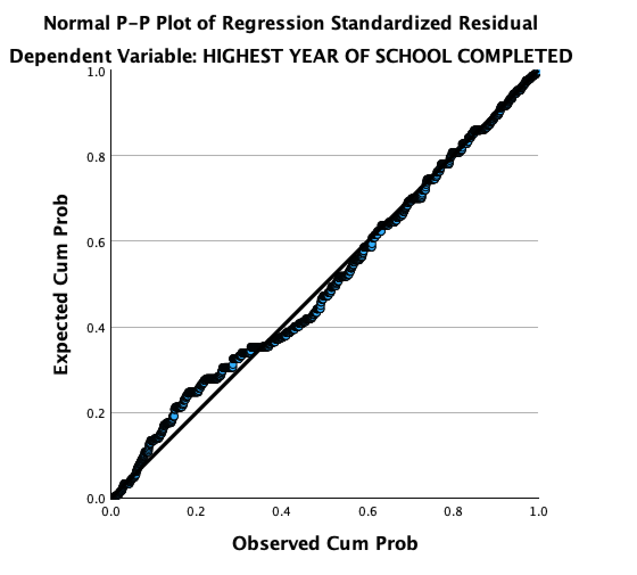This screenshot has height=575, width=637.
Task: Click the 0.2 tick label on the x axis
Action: click(x=196, y=511)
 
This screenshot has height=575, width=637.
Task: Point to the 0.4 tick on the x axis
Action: click(x=282, y=511)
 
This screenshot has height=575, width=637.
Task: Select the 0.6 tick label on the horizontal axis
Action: click(x=367, y=511)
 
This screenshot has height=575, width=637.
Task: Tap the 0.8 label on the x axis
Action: click(x=453, y=511)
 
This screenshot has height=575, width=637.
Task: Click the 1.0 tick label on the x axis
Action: click(x=538, y=511)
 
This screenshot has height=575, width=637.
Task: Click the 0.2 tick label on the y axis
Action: click(x=97, y=413)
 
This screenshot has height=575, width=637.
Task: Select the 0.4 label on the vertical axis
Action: click(x=97, y=328)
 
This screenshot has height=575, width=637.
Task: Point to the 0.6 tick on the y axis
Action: click(x=97, y=242)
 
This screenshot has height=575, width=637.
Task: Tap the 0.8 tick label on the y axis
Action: click(x=97, y=157)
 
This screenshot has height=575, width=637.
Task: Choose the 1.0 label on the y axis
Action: click(x=97, y=72)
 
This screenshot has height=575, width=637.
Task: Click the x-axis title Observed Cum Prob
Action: click(x=325, y=543)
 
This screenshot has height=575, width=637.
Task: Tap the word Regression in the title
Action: click(x=274, y=24)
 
